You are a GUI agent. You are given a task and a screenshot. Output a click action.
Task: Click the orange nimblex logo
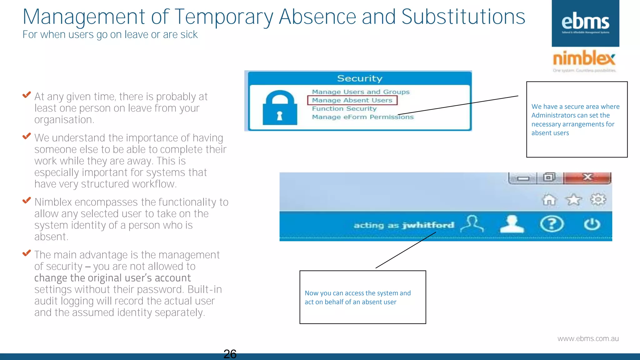tap(584, 58)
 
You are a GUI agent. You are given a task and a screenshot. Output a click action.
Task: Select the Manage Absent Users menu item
tap(352, 100)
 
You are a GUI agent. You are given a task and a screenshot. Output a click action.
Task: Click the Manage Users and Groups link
tap(361, 92)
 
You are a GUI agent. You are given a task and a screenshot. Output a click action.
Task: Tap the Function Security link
tap(344, 109)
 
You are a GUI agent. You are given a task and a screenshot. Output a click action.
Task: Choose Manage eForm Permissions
tap(362, 117)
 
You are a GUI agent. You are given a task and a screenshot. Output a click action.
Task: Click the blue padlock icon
tap(280, 108)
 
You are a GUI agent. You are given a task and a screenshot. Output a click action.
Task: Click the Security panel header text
tap(359, 78)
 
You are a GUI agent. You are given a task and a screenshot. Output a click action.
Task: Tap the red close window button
tap(587, 177)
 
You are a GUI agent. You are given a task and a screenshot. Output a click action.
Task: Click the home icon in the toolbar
tap(549, 199)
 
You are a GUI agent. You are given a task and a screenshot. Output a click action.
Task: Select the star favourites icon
tap(573, 199)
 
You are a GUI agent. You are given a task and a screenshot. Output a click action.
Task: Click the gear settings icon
tap(598, 199)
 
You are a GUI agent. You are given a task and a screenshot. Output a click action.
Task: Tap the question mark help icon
tap(552, 224)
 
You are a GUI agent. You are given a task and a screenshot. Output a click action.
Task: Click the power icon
tap(592, 224)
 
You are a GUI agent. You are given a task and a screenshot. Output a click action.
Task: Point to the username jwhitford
tap(428, 225)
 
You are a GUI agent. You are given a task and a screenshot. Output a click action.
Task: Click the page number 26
tap(230, 354)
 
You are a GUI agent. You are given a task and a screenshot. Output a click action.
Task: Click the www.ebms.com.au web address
tap(588, 339)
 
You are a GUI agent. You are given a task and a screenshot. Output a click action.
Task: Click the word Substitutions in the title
tap(463, 17)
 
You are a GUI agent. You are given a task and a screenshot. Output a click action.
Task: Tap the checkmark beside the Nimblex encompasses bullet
tap(27, 200)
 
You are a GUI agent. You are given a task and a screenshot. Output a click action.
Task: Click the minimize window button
tap(523, 178)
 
